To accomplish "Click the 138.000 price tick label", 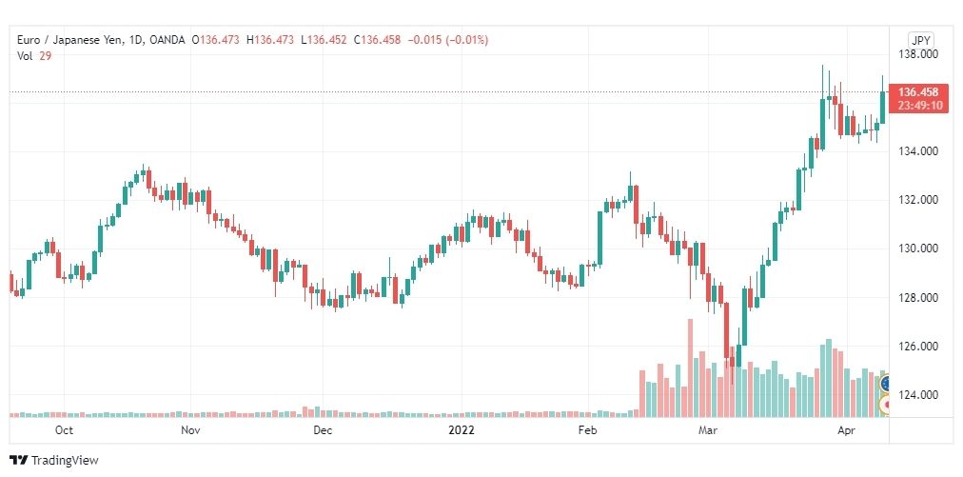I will click(919, 54).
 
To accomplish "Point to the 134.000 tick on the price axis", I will click(919, 151).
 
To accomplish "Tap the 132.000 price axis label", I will click(919, 200).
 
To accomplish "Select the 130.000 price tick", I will click(919, 248).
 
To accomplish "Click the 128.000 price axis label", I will click(919, 298).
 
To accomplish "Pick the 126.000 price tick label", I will click(919, 347).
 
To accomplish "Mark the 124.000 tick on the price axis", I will click(919, 395).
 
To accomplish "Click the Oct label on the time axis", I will click(64, 430).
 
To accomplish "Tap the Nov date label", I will click(190, 430).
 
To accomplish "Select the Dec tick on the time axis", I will click(323, 430).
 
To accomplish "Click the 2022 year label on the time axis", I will click(461, 430).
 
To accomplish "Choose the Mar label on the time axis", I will click(707, 430).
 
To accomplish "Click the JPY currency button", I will click(920, 40).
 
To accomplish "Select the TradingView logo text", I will click(65, 461).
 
